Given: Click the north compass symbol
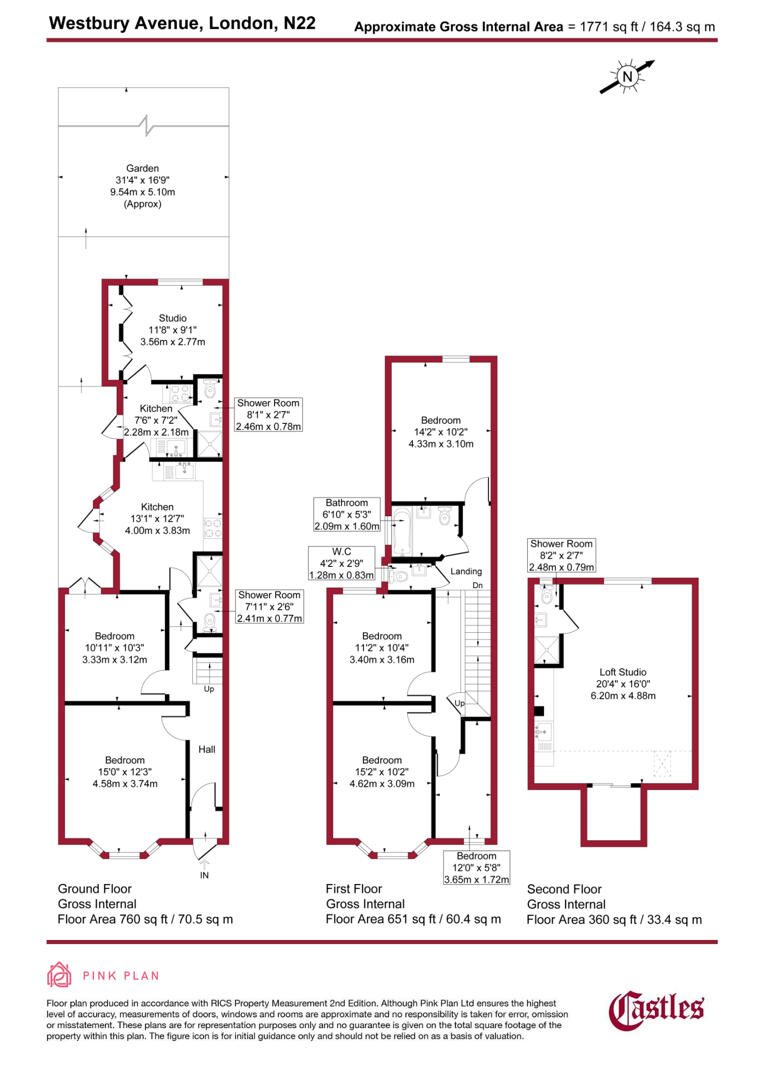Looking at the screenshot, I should tap(627, 76).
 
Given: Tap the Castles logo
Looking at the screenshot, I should tap(657, 1008).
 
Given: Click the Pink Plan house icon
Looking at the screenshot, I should tap(60, 976).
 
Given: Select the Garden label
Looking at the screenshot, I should tap(142, 186).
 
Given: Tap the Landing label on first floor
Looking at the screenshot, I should tap(466, 571).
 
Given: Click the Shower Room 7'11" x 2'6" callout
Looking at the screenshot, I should tap(268, 607).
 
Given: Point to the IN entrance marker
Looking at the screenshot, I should tap(206, 875).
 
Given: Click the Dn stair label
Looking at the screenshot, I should tap(477, 584).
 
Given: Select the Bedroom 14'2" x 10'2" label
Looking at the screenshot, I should tap(440, 431).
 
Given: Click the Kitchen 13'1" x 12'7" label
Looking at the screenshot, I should tap(157, 518).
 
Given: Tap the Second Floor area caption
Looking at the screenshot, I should tap(614, 904).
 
